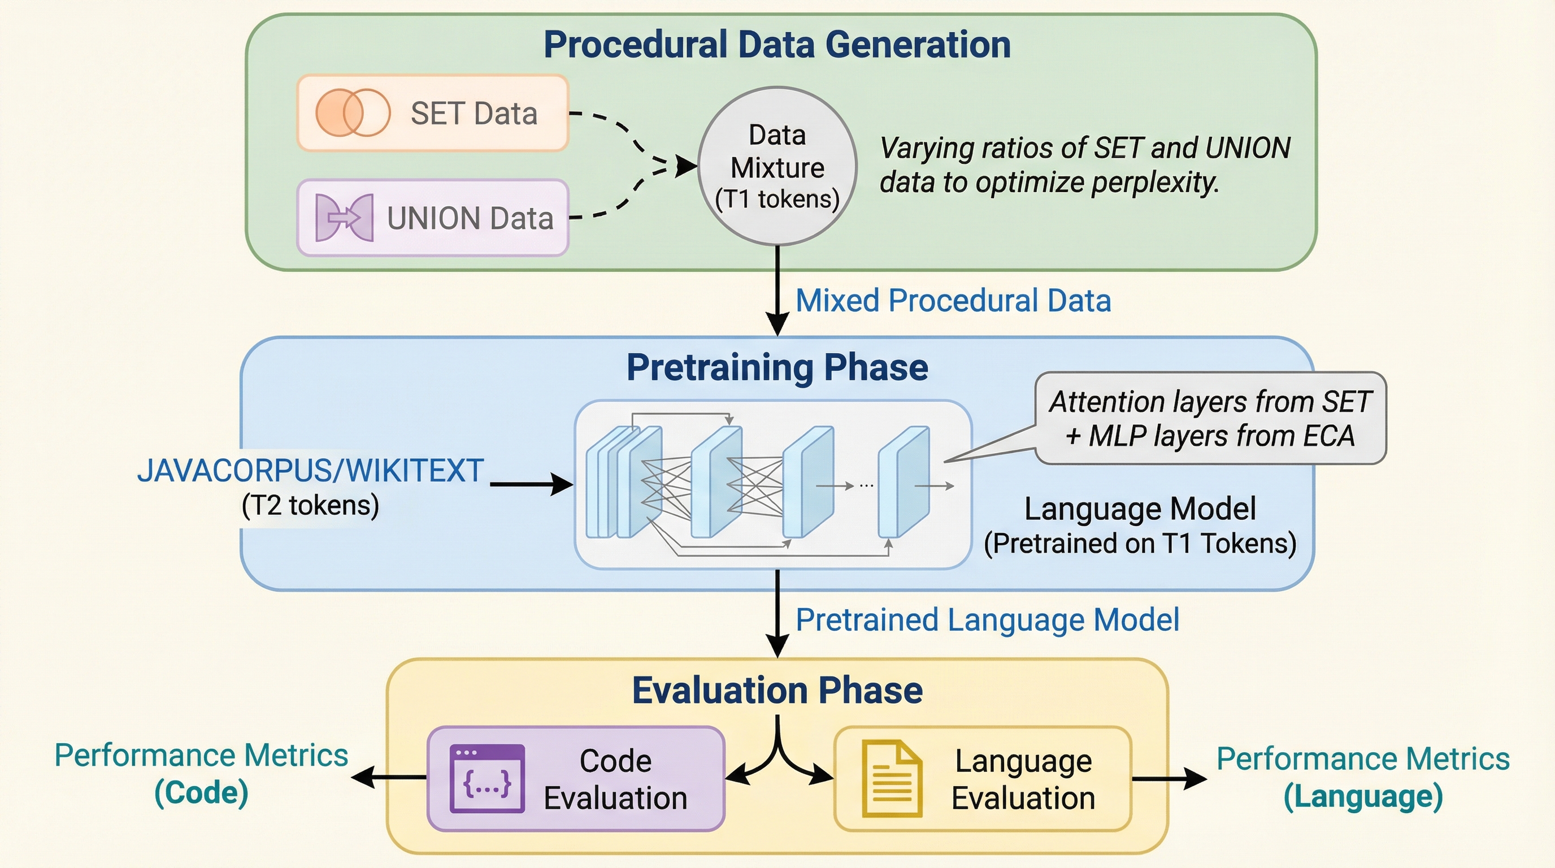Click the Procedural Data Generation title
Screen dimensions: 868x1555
777,45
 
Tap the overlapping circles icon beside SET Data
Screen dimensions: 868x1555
353,113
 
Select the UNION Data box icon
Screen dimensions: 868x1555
344,218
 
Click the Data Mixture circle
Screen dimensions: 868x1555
777,166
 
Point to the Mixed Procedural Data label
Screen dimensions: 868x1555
953,301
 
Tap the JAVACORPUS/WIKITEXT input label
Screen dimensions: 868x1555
310,471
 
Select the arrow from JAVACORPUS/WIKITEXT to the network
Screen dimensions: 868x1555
531,484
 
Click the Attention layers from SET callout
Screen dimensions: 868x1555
1210,418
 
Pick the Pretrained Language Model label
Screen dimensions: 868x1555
987,620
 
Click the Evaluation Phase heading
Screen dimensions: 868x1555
777,690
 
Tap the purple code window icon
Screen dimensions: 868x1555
487,779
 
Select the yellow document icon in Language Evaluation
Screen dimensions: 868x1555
892,779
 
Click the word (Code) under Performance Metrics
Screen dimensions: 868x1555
202,792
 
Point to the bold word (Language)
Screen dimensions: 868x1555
1363,796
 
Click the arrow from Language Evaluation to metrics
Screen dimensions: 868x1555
1169,779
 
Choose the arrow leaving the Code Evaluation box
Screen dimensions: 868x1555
389,778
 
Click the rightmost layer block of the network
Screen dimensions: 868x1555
904,481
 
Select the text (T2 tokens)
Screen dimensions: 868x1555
310,505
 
